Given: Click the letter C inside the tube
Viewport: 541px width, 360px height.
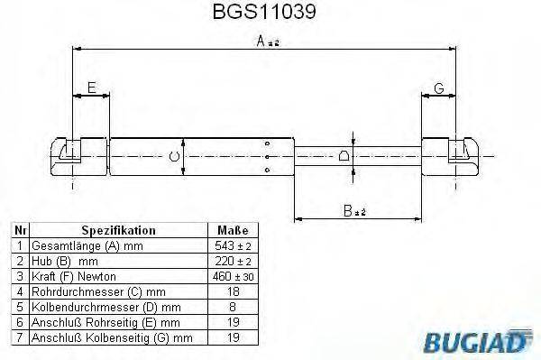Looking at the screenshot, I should tap(176, 157).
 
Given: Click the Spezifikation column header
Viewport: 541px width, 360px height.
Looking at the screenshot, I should tap(118, 231).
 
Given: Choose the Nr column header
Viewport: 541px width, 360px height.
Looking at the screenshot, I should tap(19, 231).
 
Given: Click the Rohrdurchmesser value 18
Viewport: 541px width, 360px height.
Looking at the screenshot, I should tap(233, 291).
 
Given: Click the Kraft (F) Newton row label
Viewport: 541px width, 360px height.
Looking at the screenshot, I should tap(74, 275).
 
